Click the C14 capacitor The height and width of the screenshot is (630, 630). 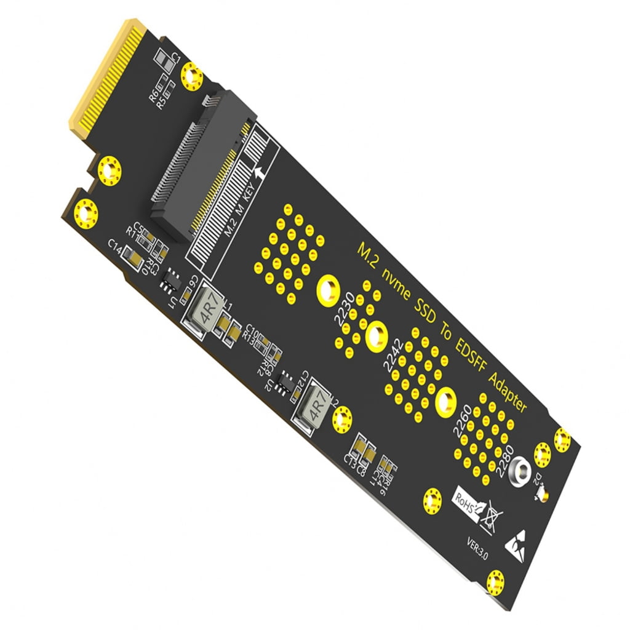point(131,255)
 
